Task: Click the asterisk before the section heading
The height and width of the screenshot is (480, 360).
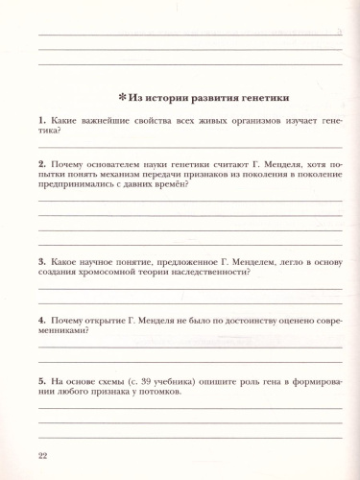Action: tap(122, 97)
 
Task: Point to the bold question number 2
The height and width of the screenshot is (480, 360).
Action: tap(40, 162)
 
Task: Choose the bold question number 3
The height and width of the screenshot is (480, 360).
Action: tap(40, 260)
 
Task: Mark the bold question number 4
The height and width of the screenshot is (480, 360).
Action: tap(40, 318)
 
